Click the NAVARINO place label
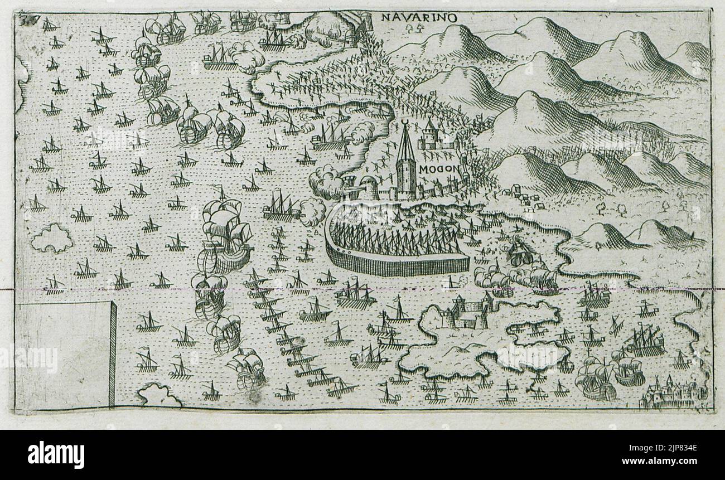pos(419,17)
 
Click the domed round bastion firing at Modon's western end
pos(368,187)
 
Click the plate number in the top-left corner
pos(24,21)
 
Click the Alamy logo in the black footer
pos(56,454)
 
